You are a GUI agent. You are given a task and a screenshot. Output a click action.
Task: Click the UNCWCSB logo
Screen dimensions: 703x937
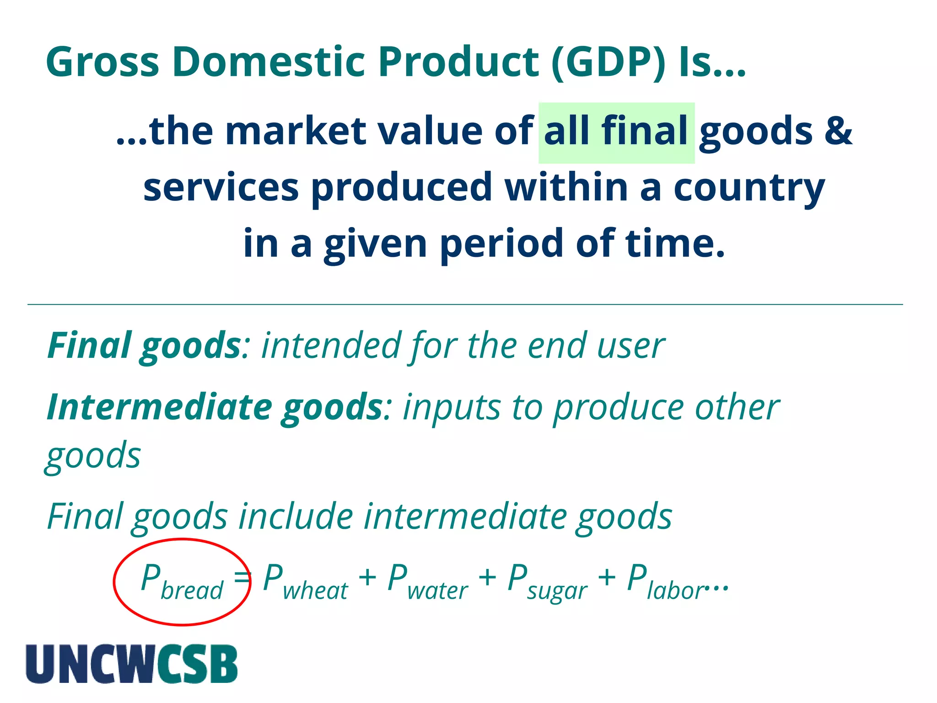tap(132, 664)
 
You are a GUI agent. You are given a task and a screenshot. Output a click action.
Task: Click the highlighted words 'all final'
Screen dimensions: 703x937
tap(616, 132)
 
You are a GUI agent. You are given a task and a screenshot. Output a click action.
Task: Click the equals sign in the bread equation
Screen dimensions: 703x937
tap(242, 578)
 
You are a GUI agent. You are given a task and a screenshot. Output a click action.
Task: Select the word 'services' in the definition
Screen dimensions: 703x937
tap(221, 188)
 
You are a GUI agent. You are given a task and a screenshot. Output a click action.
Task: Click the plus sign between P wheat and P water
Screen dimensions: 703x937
tap(367, 578)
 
